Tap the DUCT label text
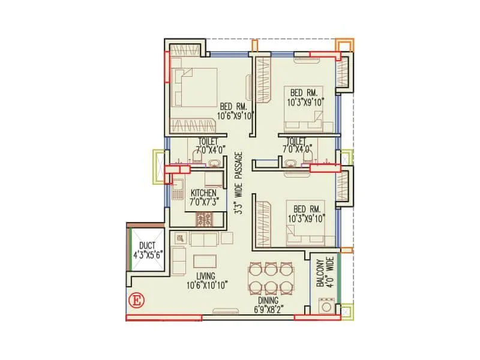147,245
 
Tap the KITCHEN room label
203,193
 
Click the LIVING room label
202,277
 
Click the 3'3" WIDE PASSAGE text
238,184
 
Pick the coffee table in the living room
205,262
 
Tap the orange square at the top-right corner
344,46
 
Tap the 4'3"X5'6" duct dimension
147,254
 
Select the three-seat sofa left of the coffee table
179,260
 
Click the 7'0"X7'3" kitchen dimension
203,202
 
